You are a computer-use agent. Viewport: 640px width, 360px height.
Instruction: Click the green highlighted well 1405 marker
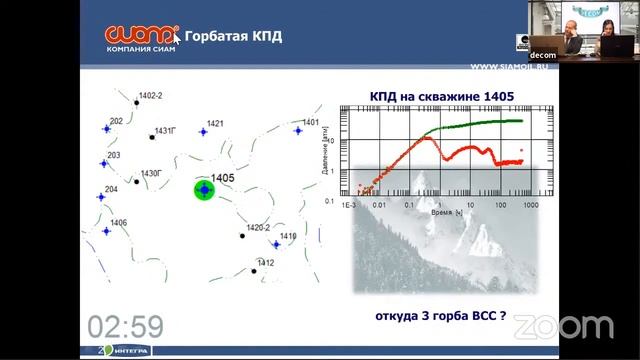204,189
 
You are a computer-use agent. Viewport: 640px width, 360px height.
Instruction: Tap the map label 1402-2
150,95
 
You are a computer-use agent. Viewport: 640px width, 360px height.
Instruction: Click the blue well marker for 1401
297,130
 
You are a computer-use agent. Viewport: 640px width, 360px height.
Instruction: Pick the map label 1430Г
151,173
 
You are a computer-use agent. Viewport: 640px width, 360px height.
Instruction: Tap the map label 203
113,155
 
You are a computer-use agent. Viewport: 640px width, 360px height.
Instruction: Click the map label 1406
118,222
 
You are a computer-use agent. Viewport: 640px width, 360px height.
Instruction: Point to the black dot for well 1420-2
241,236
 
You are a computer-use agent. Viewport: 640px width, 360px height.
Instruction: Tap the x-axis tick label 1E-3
349,203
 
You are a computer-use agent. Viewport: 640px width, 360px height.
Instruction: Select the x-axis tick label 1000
530,203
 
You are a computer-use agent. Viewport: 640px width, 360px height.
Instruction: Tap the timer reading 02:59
125,325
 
